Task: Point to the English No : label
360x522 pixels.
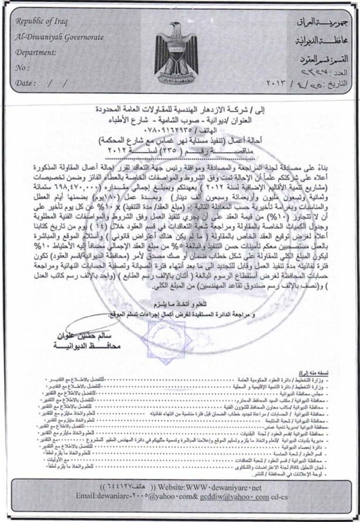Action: [x=23, y=67]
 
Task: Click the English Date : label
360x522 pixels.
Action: [x=26, y=83]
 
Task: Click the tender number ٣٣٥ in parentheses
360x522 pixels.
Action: [x=172, y=149]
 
